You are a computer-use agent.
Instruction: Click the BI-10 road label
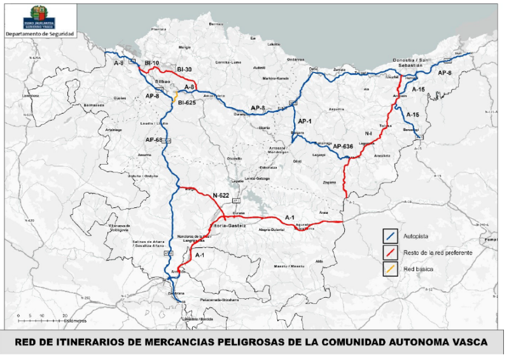152,64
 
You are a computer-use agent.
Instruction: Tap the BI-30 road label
185,69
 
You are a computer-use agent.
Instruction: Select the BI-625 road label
187,102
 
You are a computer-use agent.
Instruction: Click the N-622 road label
221,195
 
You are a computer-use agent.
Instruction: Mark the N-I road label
368,134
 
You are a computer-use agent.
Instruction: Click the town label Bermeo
216,24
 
